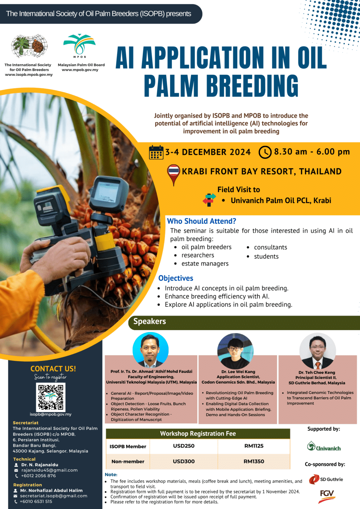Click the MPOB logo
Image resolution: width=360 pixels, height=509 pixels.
[79, 46]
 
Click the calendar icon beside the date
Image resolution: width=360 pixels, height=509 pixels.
[156, 152]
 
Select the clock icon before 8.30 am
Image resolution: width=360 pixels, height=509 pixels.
[265, 152]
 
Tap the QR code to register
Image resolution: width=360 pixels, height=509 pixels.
[51, 397]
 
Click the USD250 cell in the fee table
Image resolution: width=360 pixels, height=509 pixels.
[184, 446]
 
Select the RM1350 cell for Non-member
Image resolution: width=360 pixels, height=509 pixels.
[254, 461]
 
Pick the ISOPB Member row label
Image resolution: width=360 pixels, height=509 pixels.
[128, 446]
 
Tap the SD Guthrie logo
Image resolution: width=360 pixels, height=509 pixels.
[326, 479]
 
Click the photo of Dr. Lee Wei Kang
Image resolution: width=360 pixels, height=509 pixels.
[235, 351]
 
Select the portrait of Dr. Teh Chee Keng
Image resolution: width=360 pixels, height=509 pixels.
[318, 351]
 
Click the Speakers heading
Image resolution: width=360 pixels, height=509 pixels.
[150, 321]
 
